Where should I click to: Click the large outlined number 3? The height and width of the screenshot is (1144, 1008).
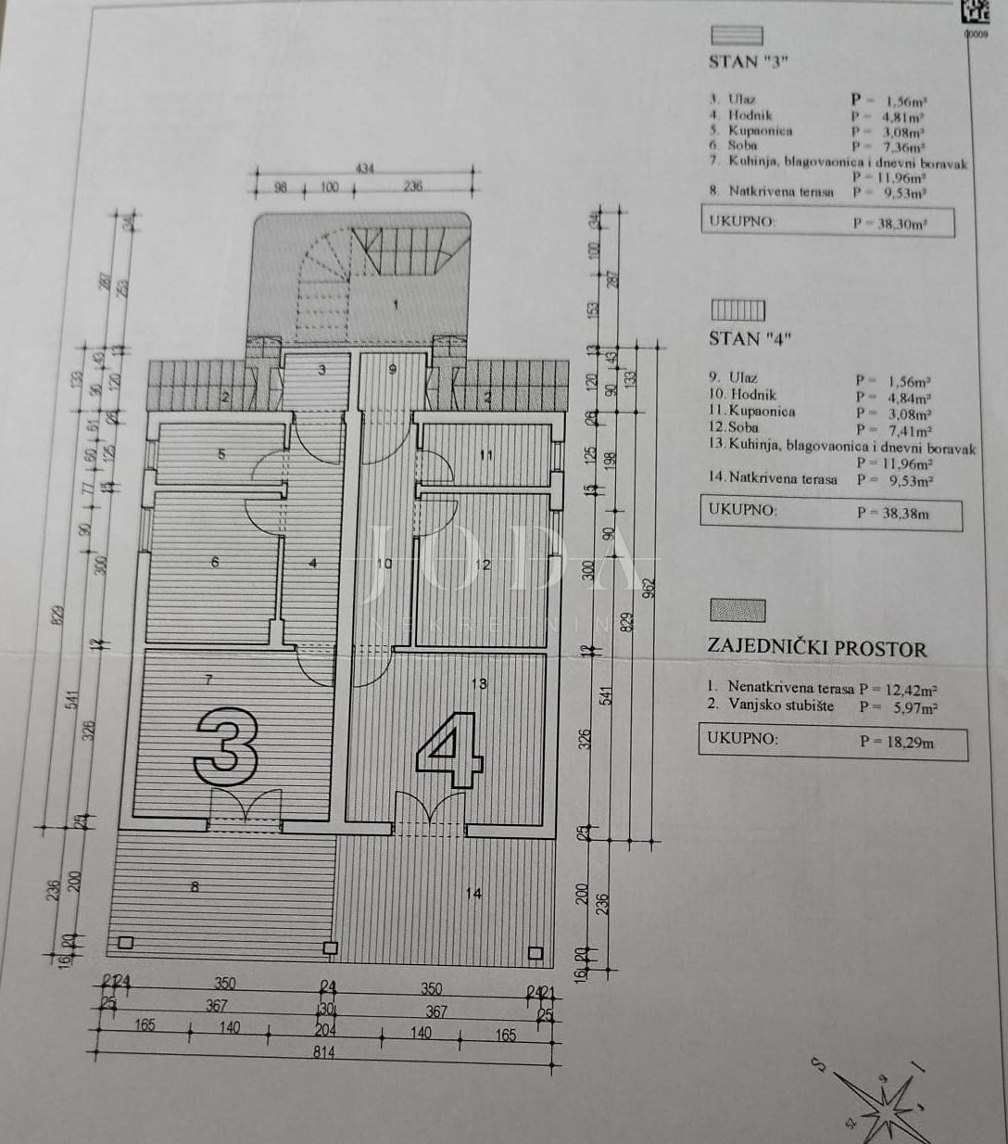pos(225,747)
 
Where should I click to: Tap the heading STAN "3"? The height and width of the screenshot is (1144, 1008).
pos(748,62)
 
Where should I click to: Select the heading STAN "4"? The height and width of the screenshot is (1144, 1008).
pos(748,338)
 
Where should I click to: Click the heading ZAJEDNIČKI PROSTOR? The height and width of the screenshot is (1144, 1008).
pos(816,648)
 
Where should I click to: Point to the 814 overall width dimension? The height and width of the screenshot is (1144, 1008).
pos(322,1052)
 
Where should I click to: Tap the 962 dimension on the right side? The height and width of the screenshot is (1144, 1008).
pos(649,588)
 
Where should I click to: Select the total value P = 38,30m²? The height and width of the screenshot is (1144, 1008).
pos(889,223)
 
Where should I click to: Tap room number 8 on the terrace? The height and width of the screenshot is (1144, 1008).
pos(195,887)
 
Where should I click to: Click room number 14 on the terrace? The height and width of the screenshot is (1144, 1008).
pos(473,894)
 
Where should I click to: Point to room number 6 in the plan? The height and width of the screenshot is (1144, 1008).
pos(215,562)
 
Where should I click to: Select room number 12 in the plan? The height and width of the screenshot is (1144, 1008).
pos(484,564)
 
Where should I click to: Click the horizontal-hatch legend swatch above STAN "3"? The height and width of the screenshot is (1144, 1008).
pos(737,36)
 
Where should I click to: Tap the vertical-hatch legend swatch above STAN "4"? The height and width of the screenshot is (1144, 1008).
pos(737,310)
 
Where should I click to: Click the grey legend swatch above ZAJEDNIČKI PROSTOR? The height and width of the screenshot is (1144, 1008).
pos(737,611)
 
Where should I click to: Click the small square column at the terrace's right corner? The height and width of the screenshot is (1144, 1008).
pos(535,953)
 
